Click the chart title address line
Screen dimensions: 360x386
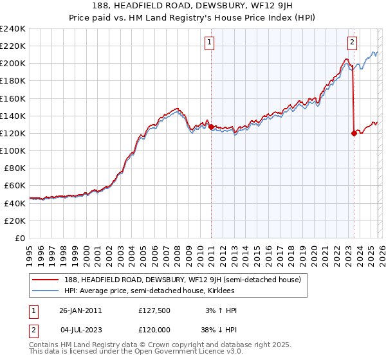(192, 8)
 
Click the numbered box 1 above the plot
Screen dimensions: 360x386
(210, 43)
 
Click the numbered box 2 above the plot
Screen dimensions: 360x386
(353, 43)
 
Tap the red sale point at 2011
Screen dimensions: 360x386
(211, 127)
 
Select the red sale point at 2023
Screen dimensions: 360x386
(354, 134)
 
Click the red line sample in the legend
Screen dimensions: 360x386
(46, 280)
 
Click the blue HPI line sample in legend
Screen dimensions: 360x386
(46, 291)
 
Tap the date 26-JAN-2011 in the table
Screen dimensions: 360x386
(80, 310)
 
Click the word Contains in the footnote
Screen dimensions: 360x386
(44, 346)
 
